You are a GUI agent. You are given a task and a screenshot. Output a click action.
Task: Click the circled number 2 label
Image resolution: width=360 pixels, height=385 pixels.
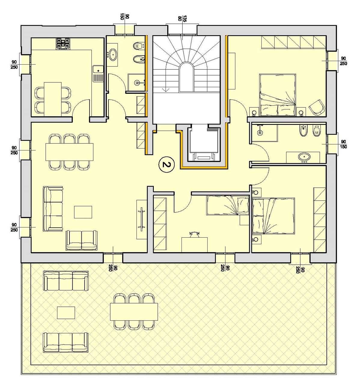166,165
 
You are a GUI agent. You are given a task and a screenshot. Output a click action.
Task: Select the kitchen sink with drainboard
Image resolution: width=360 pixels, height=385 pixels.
98,73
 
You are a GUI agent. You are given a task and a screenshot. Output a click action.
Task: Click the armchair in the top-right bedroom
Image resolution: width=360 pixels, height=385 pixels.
317,107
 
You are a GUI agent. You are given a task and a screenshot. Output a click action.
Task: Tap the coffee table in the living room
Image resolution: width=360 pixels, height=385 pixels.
83,212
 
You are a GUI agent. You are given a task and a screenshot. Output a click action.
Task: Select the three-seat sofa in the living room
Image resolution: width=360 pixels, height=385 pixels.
53,208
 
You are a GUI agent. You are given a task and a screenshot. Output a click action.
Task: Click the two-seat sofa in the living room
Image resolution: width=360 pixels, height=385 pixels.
81,240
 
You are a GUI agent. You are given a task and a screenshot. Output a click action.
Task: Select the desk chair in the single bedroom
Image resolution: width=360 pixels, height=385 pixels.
194,235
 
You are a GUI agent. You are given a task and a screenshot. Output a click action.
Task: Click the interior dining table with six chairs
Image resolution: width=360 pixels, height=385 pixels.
69,152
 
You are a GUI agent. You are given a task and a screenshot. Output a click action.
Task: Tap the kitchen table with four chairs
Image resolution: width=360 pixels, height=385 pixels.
53,99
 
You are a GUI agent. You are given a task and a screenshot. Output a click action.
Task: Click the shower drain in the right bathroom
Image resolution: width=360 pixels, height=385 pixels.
260,133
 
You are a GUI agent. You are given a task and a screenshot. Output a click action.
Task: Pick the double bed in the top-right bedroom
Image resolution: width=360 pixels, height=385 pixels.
277,95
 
